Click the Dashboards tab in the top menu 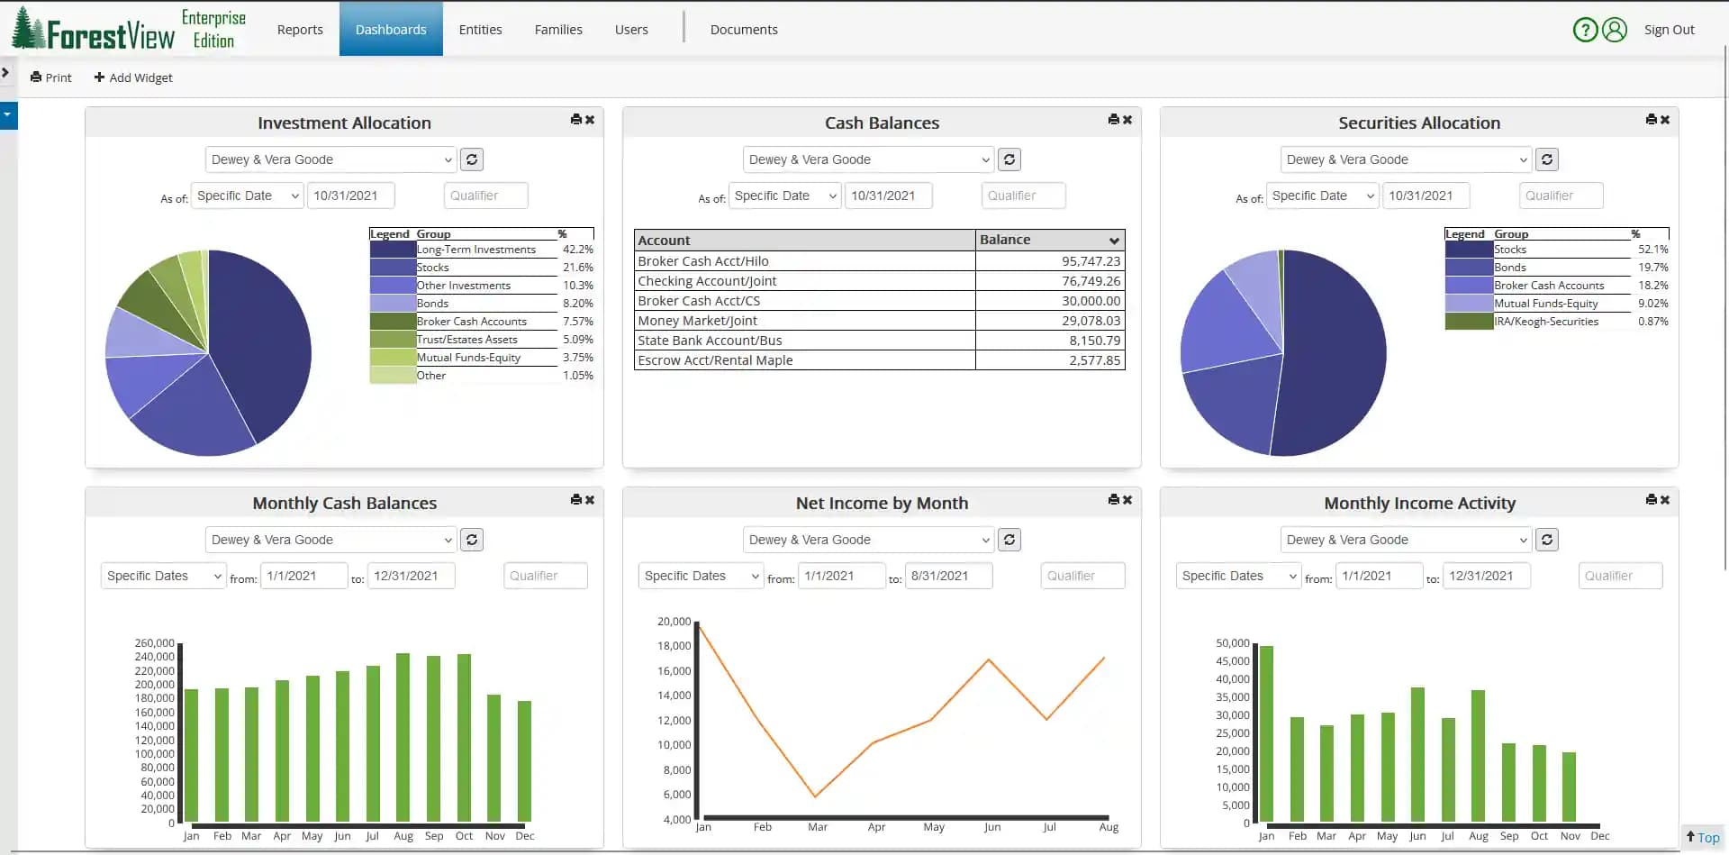pos(391,30)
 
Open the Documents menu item pos(743,30)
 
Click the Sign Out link pos(1669,30)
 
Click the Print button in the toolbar pos(51,77)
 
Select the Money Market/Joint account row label pos(697,321)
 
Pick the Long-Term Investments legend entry pos(475,250)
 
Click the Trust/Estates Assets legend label pos(466,340)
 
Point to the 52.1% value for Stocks pos(1652,250)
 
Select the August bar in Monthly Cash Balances pos(403,737)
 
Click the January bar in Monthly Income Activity pos(1266,733)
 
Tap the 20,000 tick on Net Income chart pos(674,622)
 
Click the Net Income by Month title pos(882,504)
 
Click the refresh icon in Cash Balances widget pos(1009,159)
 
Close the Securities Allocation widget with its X pos(1665,120)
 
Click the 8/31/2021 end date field pos(948,576)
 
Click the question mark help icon pos(1585,30)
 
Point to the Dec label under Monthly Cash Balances pos(524,836)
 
